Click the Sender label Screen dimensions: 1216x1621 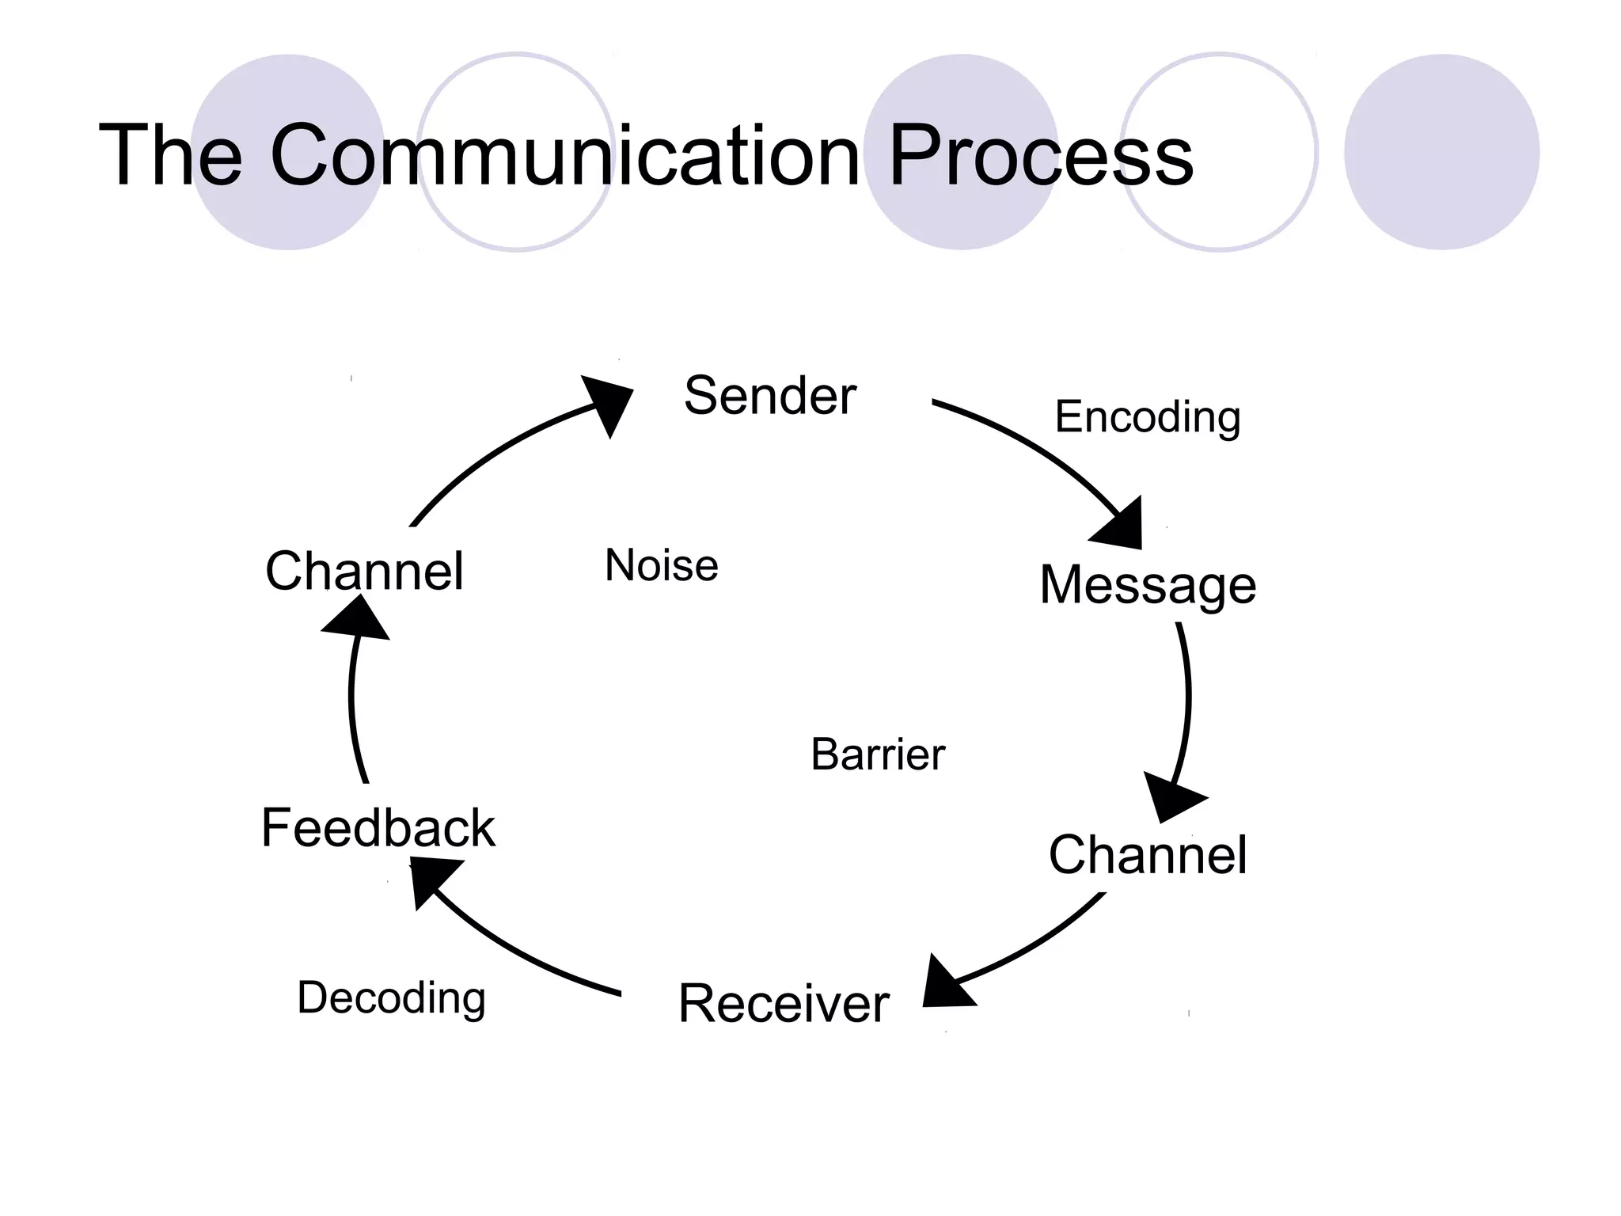(x=769, y=395)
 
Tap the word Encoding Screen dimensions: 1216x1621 (x=1147, y=417)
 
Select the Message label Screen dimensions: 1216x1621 (x=1147, y=586)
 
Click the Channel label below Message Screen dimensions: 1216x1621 (x=1147, y=855)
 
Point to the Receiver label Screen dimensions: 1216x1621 (x=784, y=1004)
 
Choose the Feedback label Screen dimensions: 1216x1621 (x=378, y=828)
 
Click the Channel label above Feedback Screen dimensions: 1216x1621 (x=364, y=571)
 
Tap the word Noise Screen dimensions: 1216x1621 (x=661, y=566)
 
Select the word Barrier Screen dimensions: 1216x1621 (x=878, y=754)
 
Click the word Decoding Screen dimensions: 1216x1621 (x=391, y=997)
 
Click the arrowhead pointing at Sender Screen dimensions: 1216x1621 (x=609, y=402)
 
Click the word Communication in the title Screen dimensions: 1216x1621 (x=564, y=155)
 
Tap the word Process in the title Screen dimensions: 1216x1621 (x=1040, y=155)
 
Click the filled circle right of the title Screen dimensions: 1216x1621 (x=1441, y=152)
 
